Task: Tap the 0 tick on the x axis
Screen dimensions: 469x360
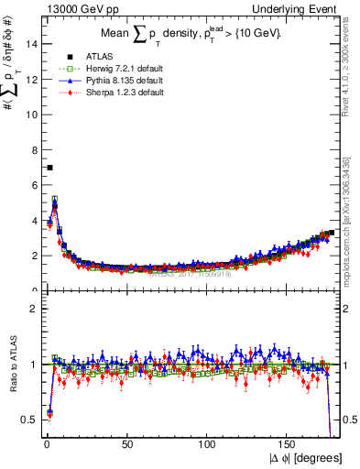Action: [45, 444]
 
